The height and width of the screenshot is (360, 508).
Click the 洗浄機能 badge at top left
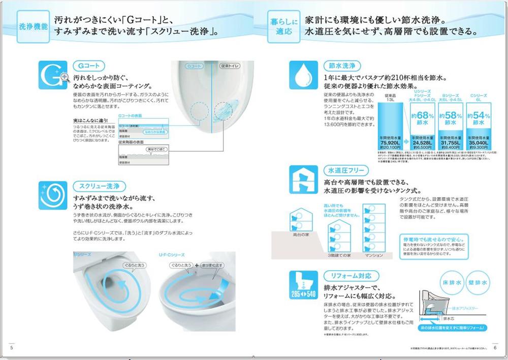[33, 27]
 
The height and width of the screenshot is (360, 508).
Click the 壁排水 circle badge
[478, 282]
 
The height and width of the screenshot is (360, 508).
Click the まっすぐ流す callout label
[212, 265]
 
